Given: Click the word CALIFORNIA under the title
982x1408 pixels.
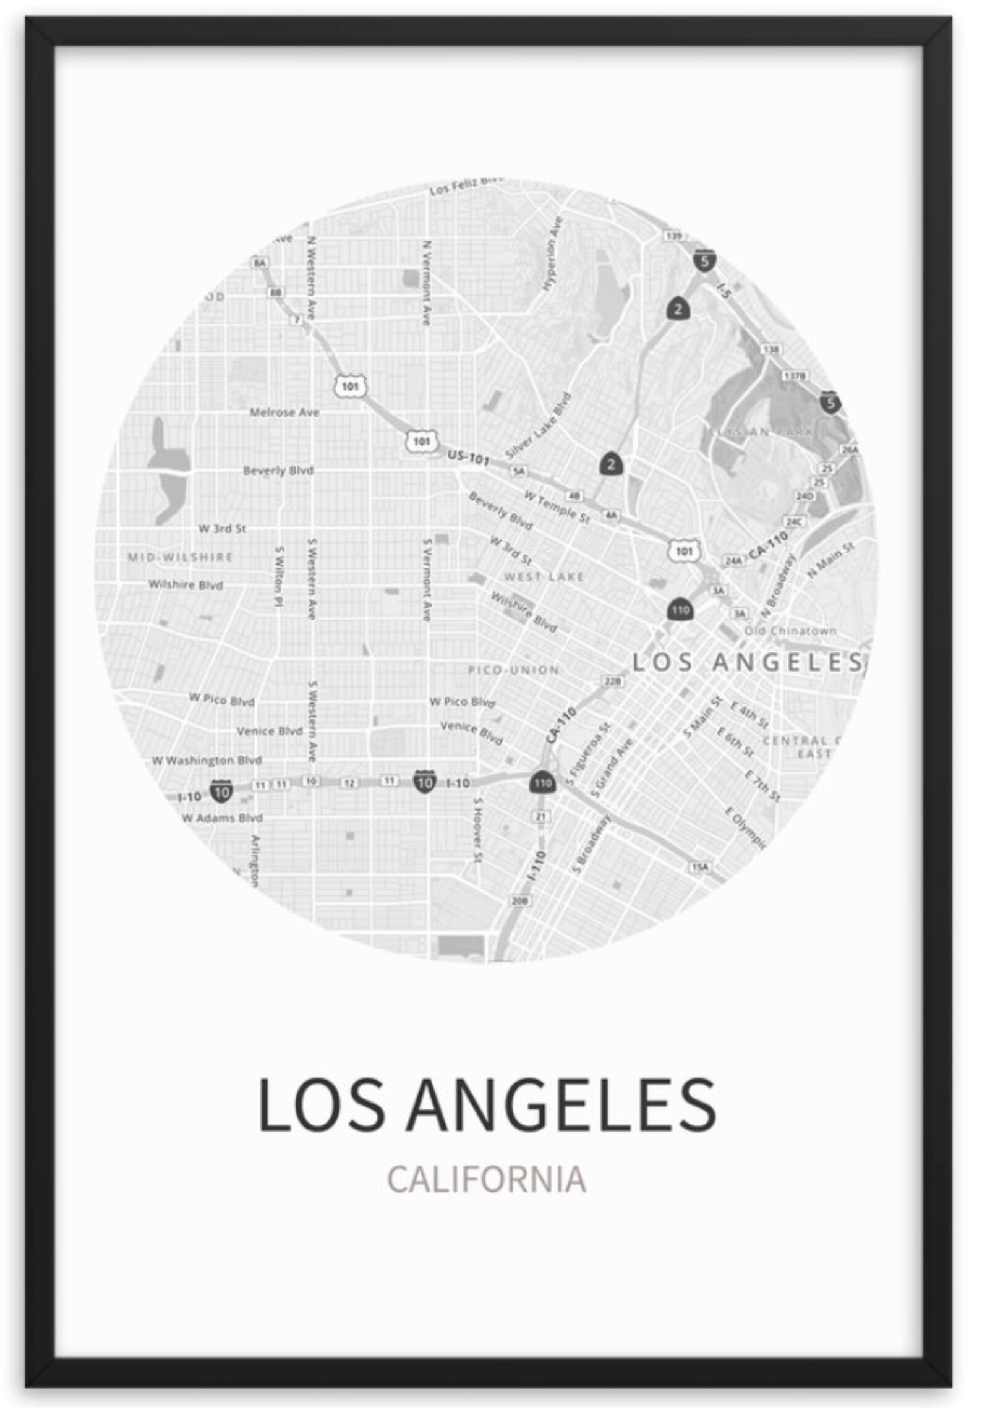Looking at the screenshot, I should [486, 1179].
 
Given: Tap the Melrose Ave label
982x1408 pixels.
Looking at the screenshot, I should [284, 412].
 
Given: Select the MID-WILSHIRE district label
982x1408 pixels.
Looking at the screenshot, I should [180, 557].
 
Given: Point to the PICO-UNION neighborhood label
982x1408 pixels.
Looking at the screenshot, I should [513, 670].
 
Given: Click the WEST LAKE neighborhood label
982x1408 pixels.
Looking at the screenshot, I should [544, 577].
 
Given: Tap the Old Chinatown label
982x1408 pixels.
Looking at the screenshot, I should [790, 631].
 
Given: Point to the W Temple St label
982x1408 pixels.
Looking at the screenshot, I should [557, 506].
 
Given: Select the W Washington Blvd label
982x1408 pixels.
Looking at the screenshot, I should [207, 760].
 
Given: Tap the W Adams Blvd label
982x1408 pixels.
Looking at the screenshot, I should [222, 817].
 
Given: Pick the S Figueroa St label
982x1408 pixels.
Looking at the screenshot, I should [589, 754].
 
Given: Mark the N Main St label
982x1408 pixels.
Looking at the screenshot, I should [830, 559].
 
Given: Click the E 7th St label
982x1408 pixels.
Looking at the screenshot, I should [762, 786].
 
